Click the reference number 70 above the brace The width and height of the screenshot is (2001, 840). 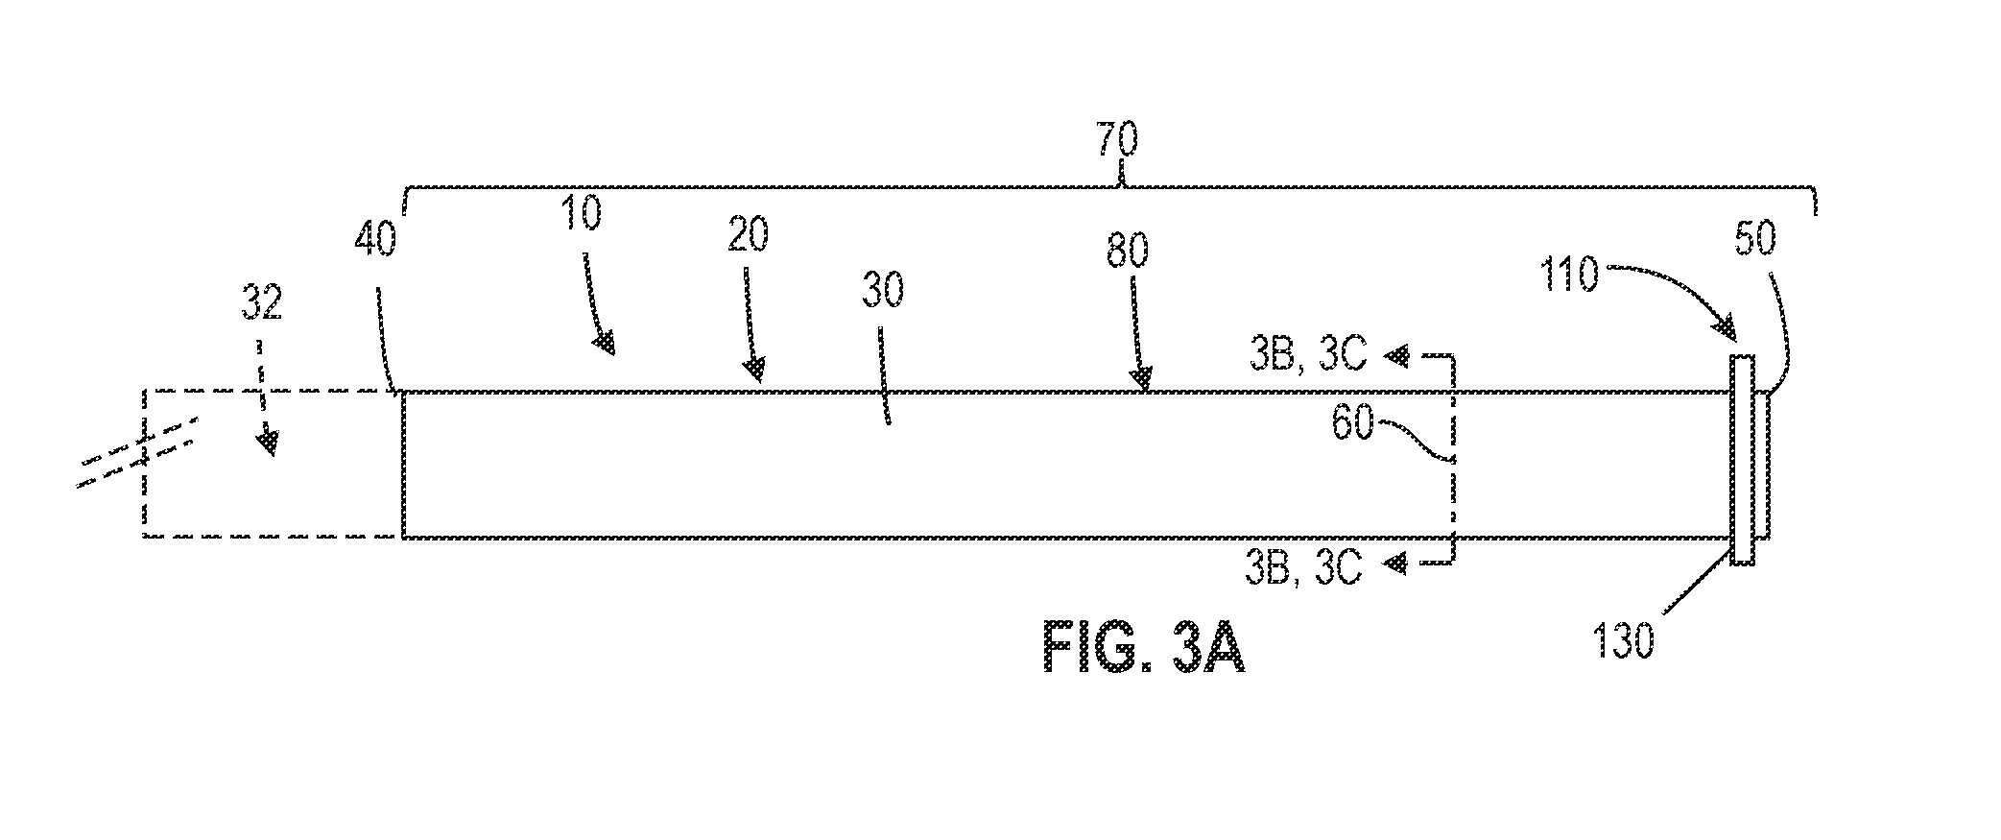(x=1117, y=139)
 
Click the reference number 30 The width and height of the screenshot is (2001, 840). (x=882, y=289)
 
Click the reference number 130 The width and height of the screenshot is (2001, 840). (x=1623, y=641)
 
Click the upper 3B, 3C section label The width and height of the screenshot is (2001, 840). (x=1304, y=356)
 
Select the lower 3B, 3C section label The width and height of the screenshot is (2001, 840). (x=1304, y=568)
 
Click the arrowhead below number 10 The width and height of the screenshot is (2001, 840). (x=604, y=343)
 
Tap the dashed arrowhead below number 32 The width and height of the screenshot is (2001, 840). (x=269, y=443)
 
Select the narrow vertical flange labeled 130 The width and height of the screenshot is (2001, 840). (x=1742, y=459)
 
